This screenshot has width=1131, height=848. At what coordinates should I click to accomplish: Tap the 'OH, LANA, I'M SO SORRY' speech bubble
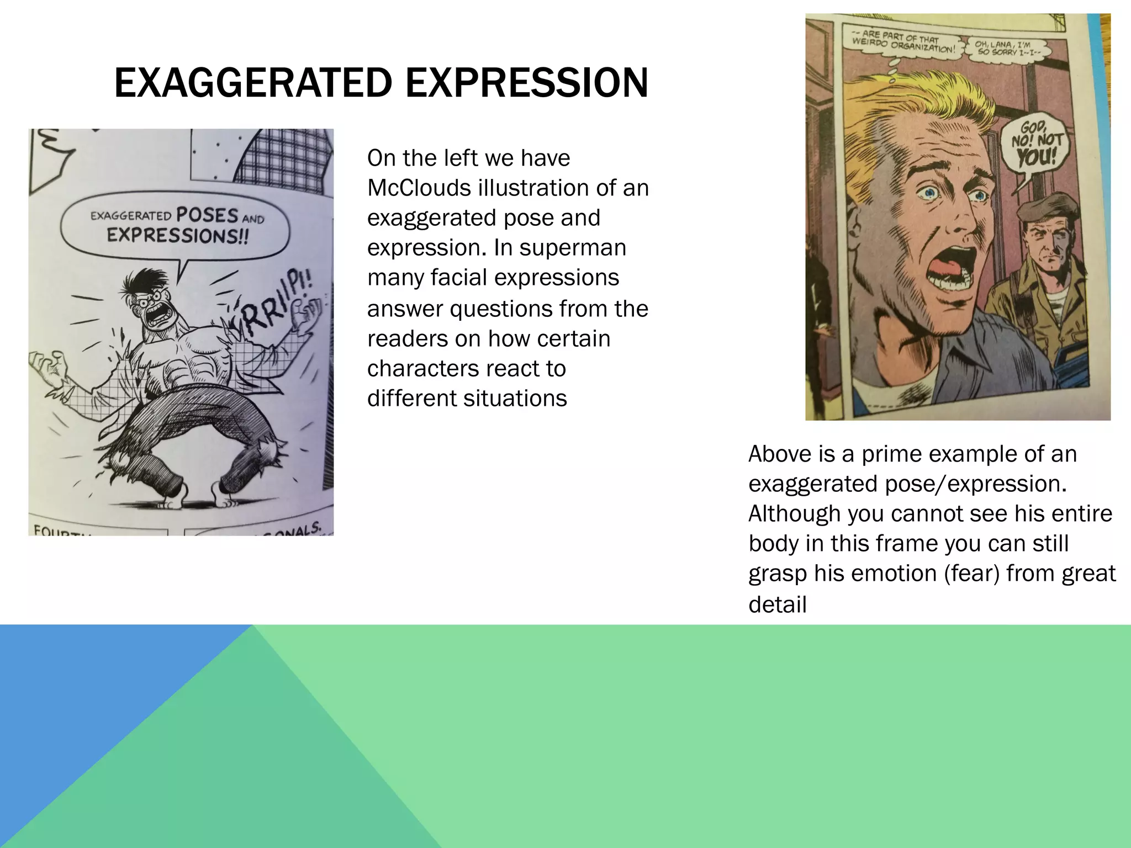coord(1008,49)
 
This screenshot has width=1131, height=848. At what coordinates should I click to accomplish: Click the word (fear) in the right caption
coord(972,573)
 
